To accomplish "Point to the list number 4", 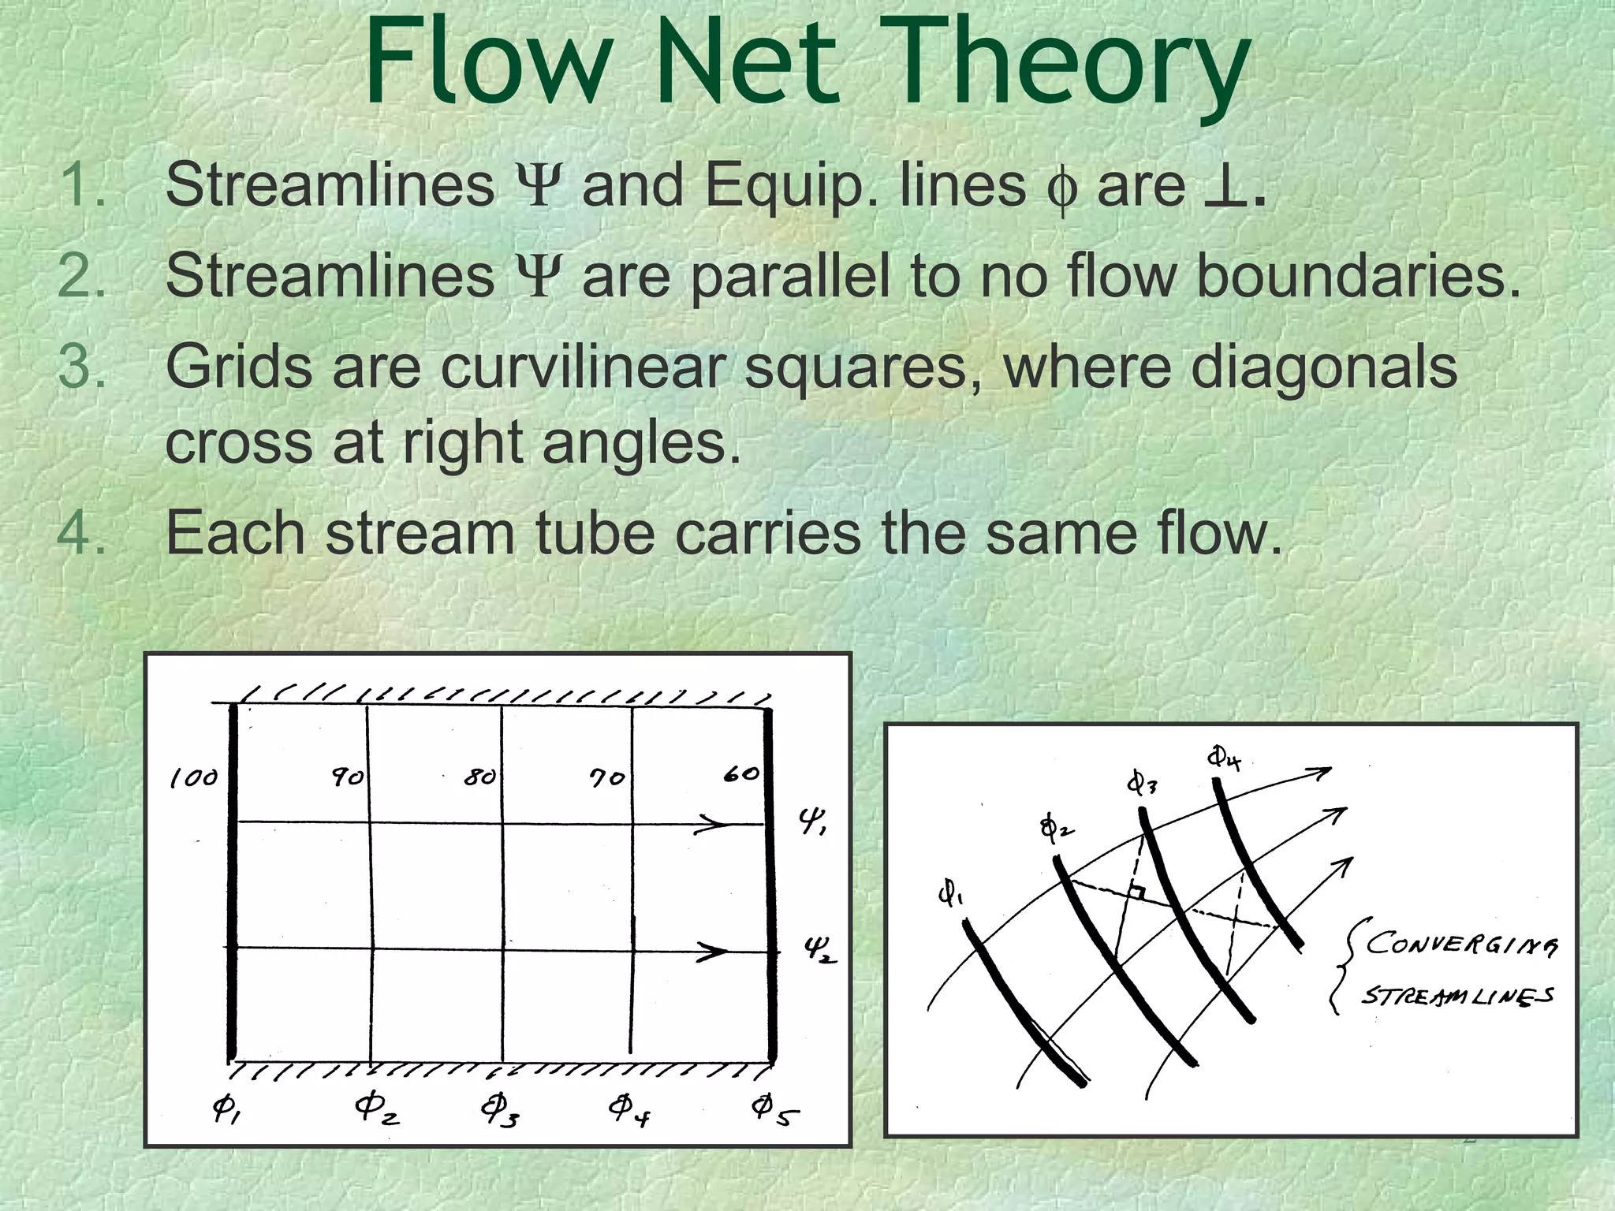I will (82, 533).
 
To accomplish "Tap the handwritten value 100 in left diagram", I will (193, 779).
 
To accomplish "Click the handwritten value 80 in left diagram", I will (479, 777).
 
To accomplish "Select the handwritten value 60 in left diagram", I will (741, 774).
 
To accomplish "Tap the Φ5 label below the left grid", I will (774, 1109).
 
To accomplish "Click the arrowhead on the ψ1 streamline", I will (714, 825).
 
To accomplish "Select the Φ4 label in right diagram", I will (1224, 758).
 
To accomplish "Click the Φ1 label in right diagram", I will (950, 894).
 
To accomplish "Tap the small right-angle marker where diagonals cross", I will (1137, 892).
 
